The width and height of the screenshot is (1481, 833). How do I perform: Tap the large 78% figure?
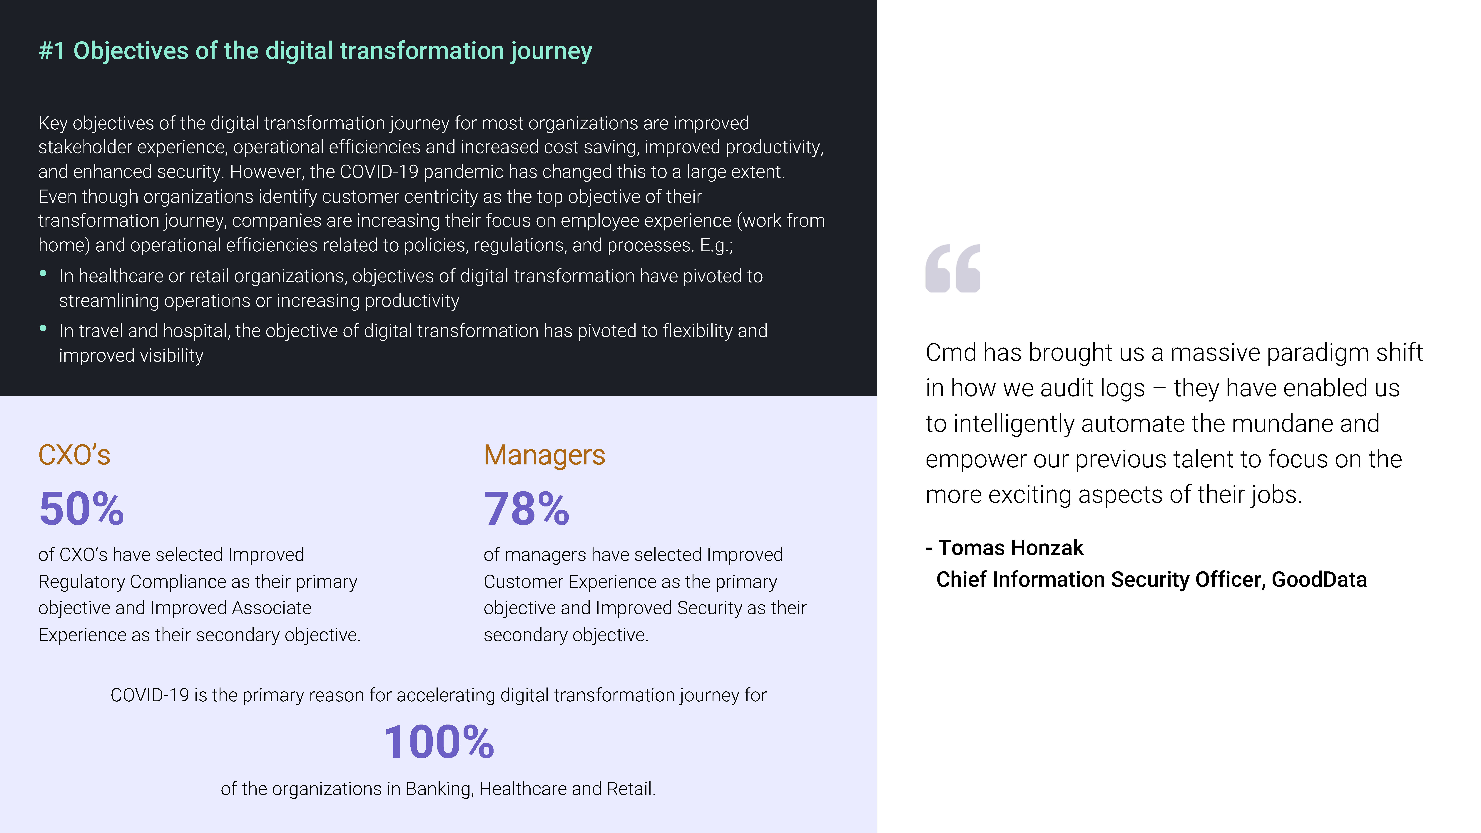(527, 509)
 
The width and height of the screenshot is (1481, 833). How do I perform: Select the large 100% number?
(439, 742)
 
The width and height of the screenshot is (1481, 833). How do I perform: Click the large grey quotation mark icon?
(953, 268)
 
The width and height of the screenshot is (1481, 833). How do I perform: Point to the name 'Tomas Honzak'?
(1011, 548)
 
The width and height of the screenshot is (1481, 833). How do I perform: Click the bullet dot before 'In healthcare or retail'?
(43, 274)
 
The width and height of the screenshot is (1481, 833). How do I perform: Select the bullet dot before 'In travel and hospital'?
(43, 328)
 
